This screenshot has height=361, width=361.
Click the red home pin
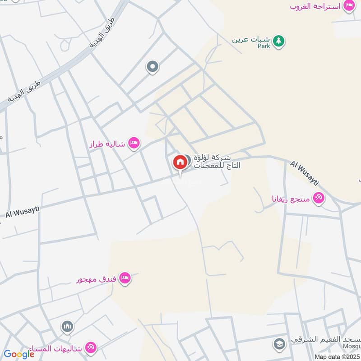click(180, 162)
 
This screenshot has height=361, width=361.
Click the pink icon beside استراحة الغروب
click(349, 6)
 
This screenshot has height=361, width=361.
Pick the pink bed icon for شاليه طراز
click(134, 144)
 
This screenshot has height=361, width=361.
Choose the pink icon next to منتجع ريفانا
click(319, 198)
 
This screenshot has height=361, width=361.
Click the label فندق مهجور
click(96, 279)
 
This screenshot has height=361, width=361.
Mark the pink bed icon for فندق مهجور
click(125, 278)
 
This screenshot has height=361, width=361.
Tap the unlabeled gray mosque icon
click(68, 326)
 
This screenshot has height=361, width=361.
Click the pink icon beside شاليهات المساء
click(90, 347)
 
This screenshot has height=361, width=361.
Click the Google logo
click(19, 355)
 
